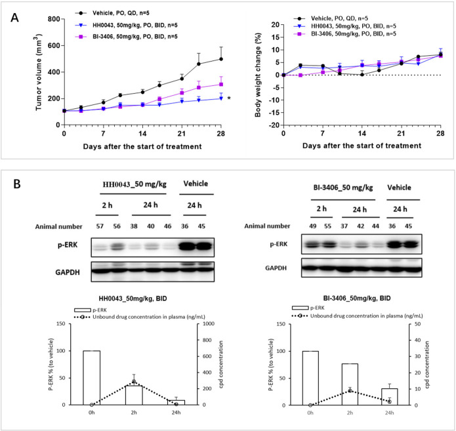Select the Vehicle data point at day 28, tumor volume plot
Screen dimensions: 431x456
tap(221, 59)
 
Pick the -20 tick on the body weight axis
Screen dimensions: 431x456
tap(272, 125)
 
